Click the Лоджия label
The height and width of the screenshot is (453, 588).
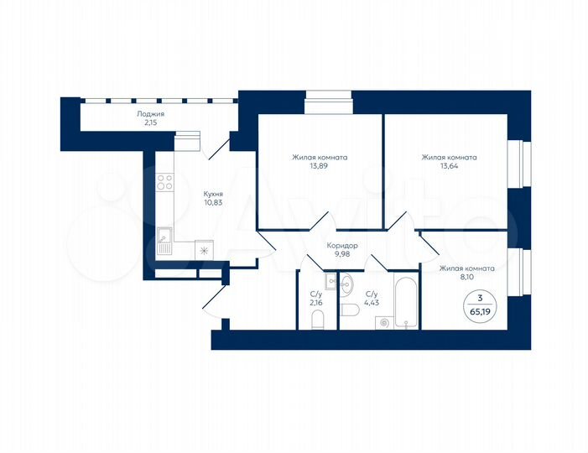151,113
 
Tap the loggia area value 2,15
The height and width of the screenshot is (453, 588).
151,123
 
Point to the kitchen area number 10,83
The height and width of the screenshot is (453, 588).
215,202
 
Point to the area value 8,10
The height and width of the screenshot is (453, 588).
466,280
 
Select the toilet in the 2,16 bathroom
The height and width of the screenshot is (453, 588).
317,319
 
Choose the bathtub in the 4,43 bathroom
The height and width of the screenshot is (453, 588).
404,302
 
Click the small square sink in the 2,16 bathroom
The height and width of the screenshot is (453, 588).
330,281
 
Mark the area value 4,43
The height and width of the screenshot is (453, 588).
372,304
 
